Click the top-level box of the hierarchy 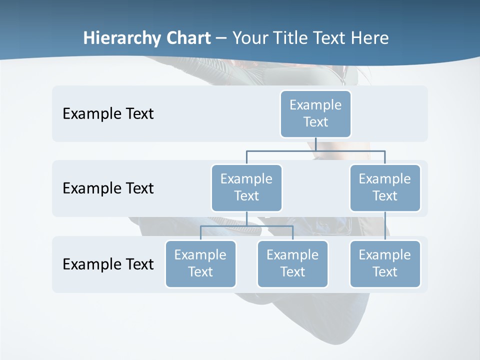click(315, 113)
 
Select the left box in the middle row click(246, 187)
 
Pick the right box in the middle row click(385, 187)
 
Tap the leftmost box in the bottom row click(200, 263)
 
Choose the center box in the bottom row click(292, 263)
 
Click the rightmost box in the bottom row click(385, 263)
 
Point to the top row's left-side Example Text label click(108, 114)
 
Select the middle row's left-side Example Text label click(108, 188)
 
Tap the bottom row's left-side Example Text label click(108, 264)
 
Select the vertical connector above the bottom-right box click(385, 226)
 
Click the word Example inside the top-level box click(315, 105)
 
